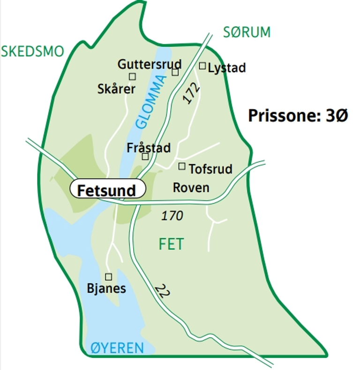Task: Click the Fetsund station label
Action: click(107, 190)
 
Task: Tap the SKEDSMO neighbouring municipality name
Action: click(32, 51)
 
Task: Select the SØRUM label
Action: click(247, 32)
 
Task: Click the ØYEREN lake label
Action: click(117, 348)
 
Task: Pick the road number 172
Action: click(191, 94)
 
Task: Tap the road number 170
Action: click(172, 216)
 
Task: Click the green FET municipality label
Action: click(171, 244)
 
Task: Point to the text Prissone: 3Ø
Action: click(298, 115)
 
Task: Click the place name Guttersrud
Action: click(150, 64)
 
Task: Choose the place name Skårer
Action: click(117, 89)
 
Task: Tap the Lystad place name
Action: click(227, 68)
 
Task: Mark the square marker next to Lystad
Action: click(202, 66)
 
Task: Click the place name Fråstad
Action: click(149, 148)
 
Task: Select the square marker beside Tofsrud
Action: click(182, 166)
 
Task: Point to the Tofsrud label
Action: click(210, 169)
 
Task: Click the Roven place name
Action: click(191, 188)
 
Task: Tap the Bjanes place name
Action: click(107, 288)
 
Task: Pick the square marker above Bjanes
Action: click(108, 276)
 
